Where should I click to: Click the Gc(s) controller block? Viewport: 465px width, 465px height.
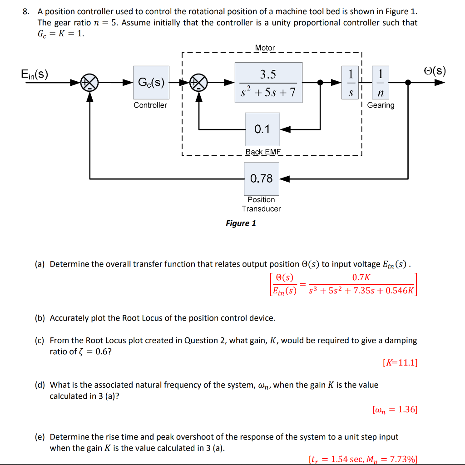[x=151, y=82]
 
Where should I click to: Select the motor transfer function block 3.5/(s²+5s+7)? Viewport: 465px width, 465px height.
[x=268, y=82]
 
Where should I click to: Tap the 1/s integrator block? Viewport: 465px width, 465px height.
[x=351, y=82]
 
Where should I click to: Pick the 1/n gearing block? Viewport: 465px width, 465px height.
[x=380, y=82]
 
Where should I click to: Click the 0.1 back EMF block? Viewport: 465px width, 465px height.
[x=262, y=129]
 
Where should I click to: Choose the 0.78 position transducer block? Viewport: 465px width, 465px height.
[x=261, y=178]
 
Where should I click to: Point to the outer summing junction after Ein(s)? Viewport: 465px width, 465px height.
[x=89, y=83]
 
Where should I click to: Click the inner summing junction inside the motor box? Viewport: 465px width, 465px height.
[x=198, y=83]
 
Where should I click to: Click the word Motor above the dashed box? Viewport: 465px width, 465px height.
[x=265, y=48]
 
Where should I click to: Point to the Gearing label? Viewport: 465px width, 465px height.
[x=381, y=105]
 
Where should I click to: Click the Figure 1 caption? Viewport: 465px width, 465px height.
[x=241, y=223]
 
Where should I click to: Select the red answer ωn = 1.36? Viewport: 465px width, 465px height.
[x=394, y=410]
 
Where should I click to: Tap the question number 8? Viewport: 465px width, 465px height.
[x=26, y=11]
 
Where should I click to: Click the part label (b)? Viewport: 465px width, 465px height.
[x=40, y=318]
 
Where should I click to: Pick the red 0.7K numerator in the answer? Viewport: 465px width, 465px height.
[x=361, y=277]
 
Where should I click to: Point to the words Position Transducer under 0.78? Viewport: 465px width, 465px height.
[x=261, y=204]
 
